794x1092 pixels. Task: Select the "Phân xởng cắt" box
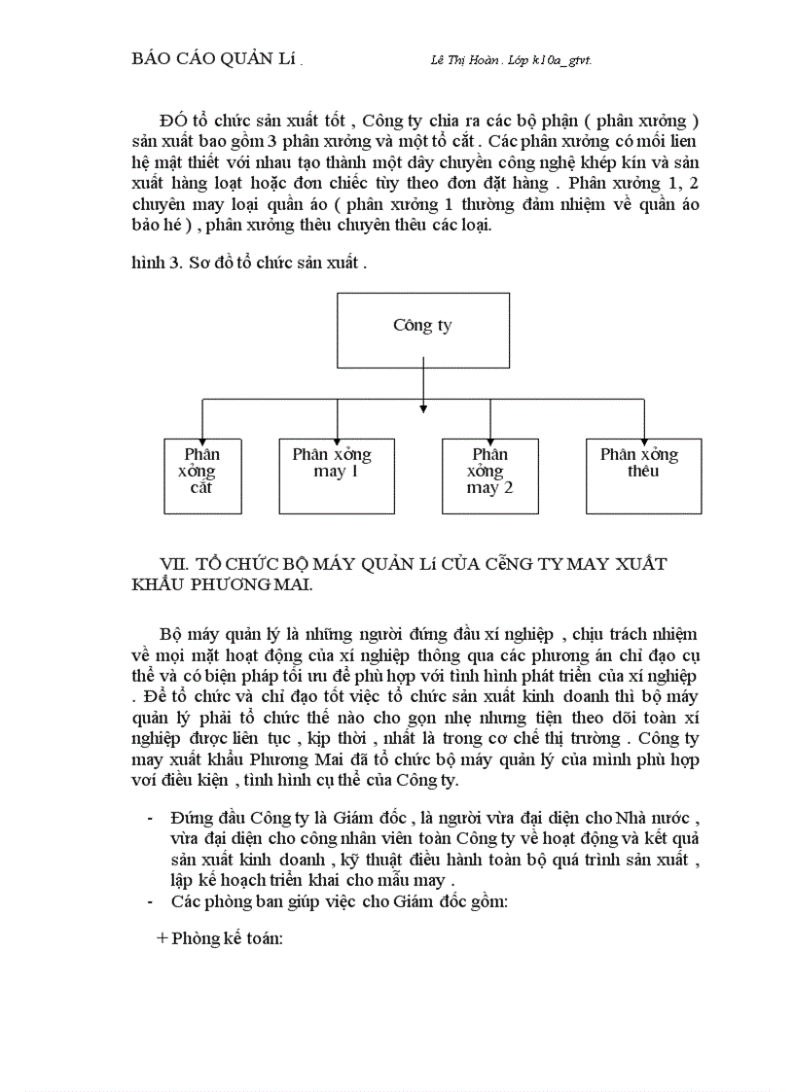(x=201, y=476)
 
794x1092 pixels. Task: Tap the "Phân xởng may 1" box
(x=336, y=476)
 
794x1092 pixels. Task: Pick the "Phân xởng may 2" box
(x=488, y=476)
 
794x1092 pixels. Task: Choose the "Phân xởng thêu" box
(x=644, y=476)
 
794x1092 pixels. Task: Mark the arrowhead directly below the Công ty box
(x=423, y=406)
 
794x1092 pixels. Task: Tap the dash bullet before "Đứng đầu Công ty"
(x=149, y=814)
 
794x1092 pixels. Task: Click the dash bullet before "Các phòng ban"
(x=149, y=901)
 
